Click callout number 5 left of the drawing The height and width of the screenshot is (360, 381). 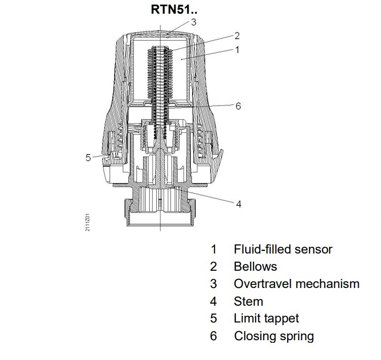[x=88, y=157]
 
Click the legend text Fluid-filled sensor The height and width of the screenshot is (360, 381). [x=283, y=249]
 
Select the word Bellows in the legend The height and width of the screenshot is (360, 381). [x=255, y=266]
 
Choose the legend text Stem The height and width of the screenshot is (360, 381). [x=248, y=301]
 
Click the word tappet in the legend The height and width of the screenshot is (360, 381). [x=282, y=318]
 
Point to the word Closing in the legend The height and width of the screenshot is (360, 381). [x=254, y=336]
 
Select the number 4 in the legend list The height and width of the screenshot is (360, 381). [x=214, y=301]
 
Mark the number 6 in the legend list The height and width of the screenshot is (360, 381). [x=214, y=336]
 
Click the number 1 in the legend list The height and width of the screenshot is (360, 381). [x=214, y=249]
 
